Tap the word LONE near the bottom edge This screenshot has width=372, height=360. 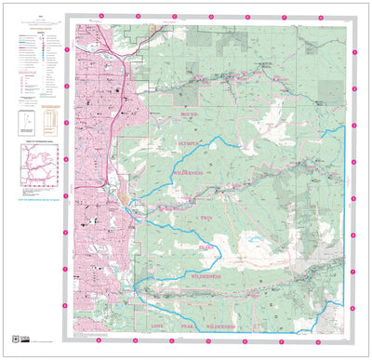pos(158,327)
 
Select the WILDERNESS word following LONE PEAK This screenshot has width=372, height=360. pos(219,327)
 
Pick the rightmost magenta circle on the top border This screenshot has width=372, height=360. pos(320,17)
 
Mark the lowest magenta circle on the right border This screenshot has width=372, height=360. pos(354,308)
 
